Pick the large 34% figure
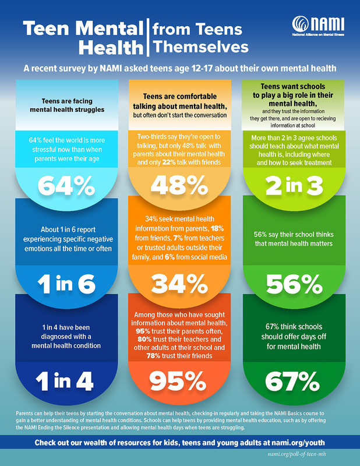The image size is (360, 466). (180, 283)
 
